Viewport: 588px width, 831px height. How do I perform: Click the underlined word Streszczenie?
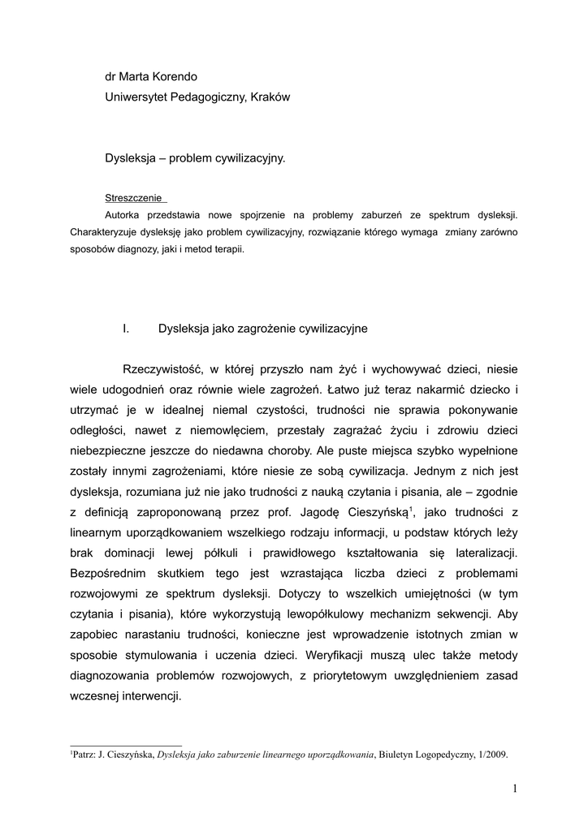coord(134,197)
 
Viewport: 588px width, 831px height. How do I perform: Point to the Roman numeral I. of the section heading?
coord(126,329)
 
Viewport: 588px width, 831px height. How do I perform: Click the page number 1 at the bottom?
coord(515,788)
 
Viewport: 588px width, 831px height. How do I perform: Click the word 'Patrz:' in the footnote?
coord(85,754)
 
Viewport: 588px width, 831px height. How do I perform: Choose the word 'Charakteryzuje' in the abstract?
coord(105,232)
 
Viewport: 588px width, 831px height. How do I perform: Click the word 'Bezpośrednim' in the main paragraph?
coord(111,572)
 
